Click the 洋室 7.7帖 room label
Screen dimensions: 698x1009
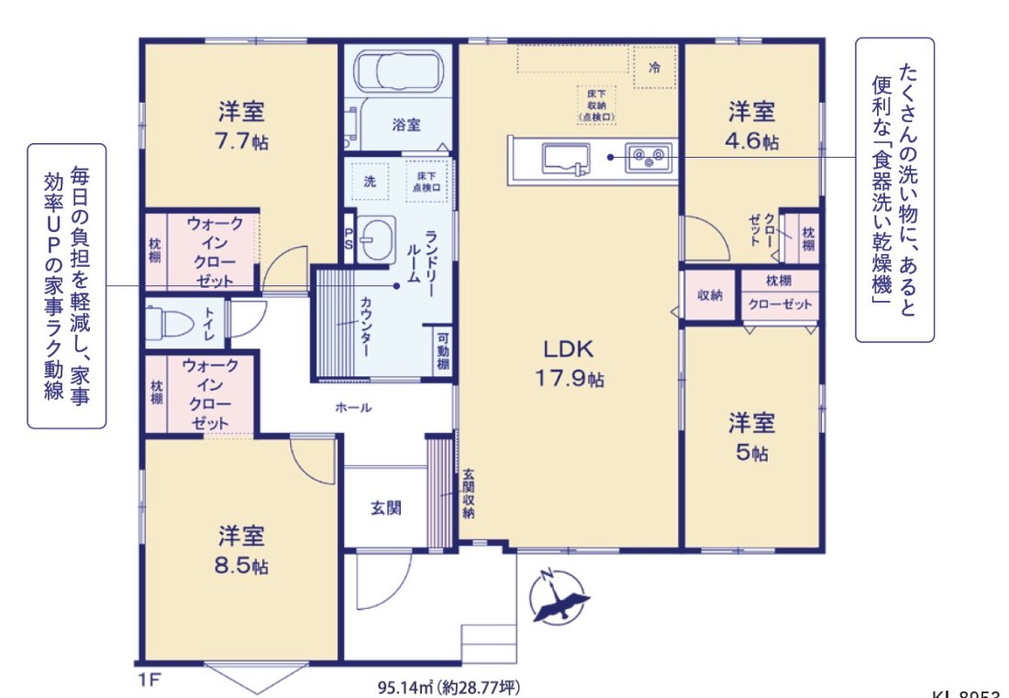(242, 127)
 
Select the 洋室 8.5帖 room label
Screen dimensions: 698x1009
(242, 548)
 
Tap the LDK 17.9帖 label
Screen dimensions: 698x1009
(570, 362)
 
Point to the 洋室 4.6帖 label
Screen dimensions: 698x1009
(752, 127)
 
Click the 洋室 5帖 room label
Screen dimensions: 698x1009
(752, 437)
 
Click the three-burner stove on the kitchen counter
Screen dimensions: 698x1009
(649, 158)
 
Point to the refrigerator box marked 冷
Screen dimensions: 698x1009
(654, 68)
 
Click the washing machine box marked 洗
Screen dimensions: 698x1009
(370, 181)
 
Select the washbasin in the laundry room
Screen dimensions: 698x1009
(376, 240)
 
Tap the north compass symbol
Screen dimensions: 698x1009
(559, 597)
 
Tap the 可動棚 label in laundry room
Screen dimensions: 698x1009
(443, 351)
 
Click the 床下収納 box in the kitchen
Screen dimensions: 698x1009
(595, 105)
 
